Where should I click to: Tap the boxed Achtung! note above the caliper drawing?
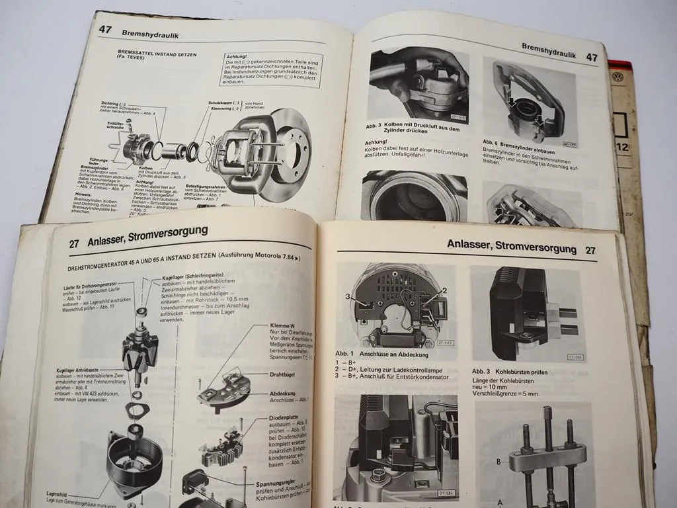270,69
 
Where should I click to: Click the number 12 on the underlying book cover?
622,147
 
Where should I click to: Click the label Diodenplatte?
286,419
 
